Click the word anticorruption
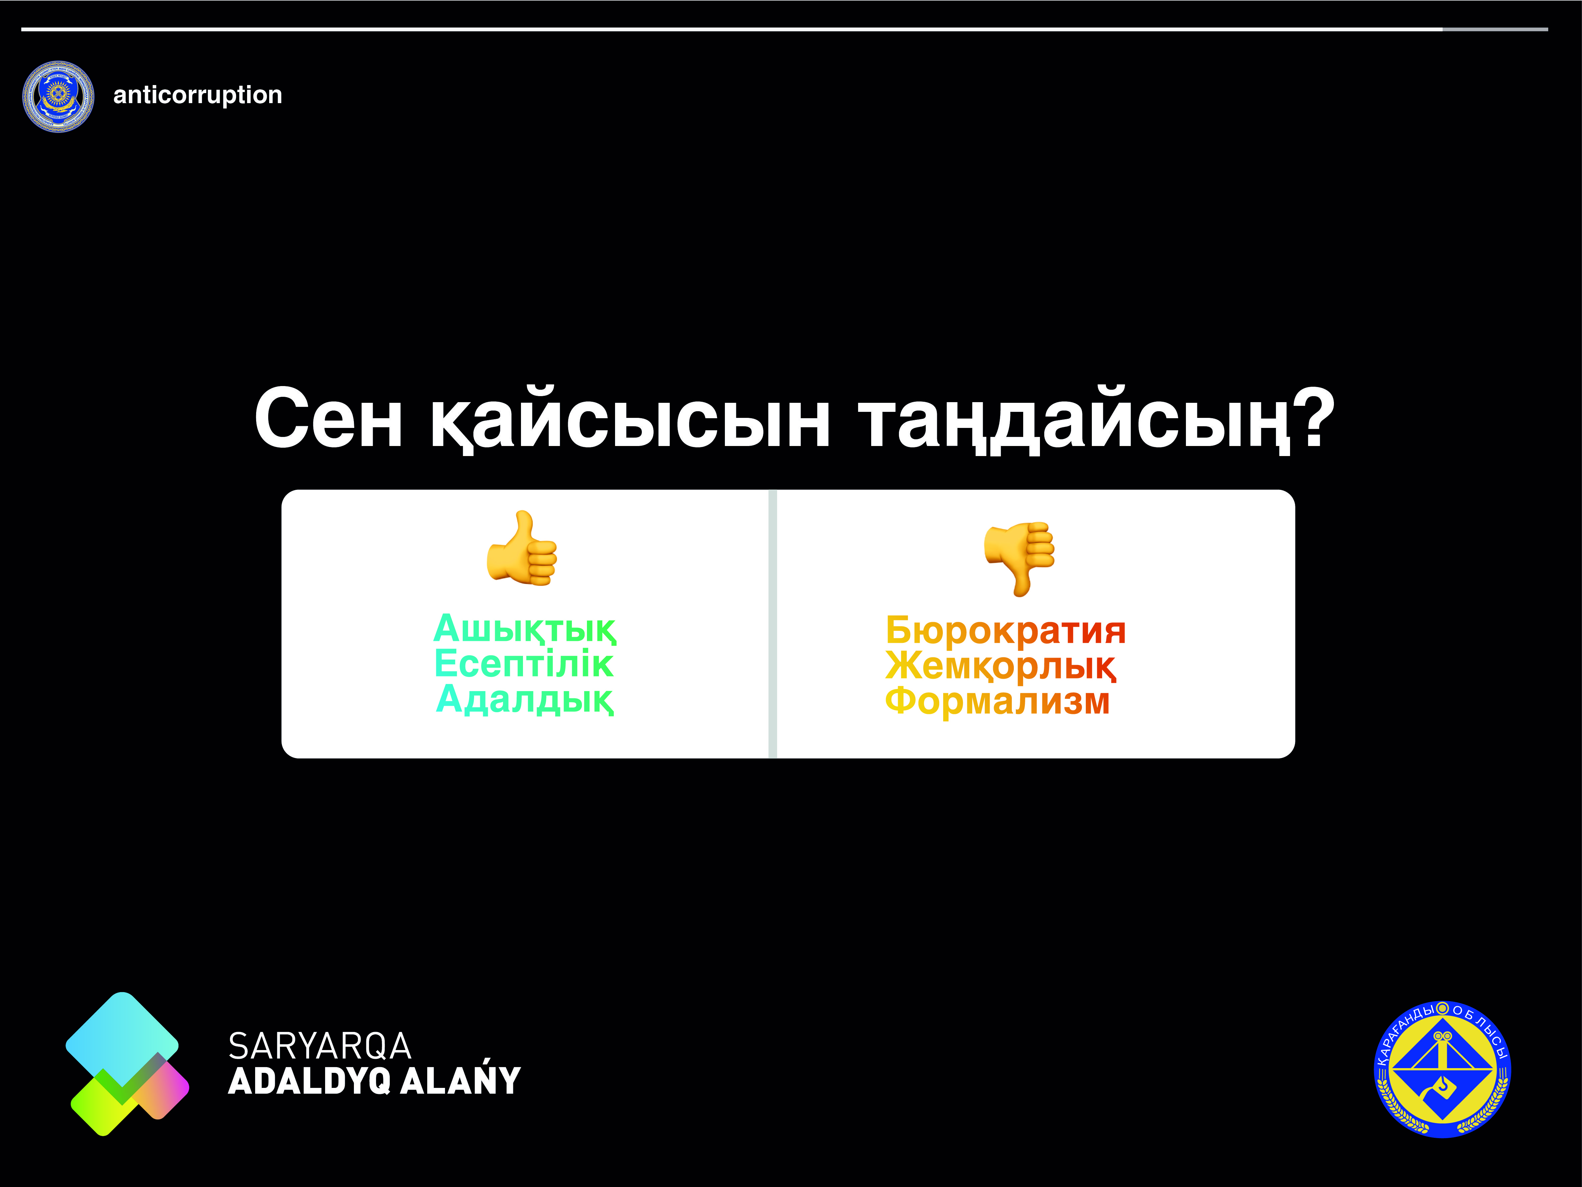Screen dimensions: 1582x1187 198,95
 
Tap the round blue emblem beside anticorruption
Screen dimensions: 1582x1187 58,96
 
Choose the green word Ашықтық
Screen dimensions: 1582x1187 524,629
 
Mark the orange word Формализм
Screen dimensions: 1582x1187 998,701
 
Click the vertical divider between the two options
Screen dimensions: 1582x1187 772,623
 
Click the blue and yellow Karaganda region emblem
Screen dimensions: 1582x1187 1442,1069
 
